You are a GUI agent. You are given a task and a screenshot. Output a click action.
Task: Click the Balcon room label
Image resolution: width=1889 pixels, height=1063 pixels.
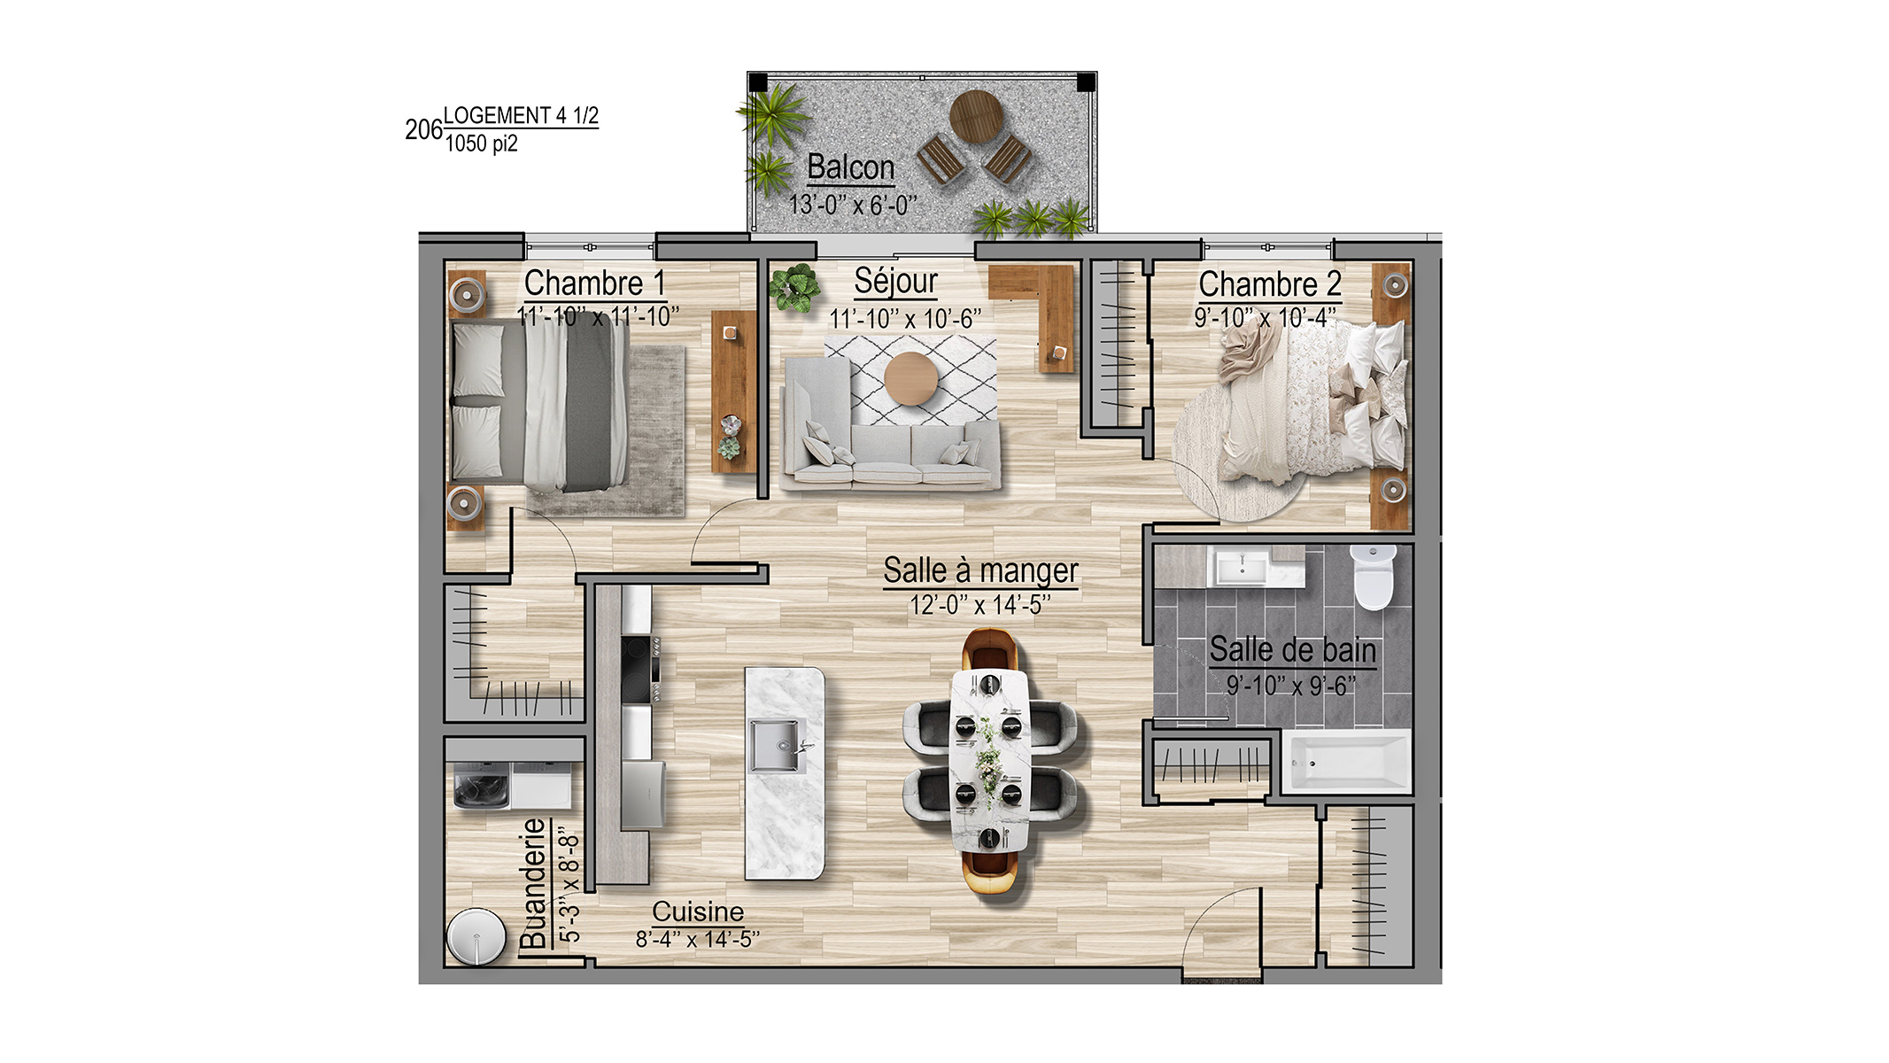(850, 167)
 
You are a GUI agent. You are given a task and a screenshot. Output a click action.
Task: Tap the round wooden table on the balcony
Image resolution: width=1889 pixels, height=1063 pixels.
(976, 116)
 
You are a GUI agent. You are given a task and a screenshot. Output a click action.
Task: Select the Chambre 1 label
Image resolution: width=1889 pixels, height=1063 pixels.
(594, 283)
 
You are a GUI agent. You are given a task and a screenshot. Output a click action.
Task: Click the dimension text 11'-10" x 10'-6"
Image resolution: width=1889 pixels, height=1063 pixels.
(905, 319)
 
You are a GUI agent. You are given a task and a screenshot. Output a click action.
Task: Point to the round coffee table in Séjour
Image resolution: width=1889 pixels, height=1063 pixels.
(910, 379)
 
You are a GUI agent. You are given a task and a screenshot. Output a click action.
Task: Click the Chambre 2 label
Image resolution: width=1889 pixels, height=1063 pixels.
(1270, 285)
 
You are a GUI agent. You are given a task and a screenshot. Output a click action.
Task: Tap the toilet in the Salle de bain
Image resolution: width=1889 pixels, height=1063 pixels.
(1373, 577)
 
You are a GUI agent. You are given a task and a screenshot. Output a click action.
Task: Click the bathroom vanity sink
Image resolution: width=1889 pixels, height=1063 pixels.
(1243, 566)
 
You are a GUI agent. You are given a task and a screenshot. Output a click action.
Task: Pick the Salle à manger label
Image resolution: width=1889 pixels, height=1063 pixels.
(980, 571)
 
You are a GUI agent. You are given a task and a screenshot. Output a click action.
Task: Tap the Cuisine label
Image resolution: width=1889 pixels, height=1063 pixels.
(698, 912)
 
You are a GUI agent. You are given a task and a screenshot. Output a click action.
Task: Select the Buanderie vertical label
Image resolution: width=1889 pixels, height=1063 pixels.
(533, 882)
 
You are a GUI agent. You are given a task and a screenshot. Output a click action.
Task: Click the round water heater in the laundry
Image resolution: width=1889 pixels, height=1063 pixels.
(476, 936)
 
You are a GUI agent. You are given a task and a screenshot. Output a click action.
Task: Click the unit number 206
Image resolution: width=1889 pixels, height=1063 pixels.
(423, 130)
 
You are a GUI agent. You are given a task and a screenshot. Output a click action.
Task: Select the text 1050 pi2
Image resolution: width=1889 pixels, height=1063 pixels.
(481, 144)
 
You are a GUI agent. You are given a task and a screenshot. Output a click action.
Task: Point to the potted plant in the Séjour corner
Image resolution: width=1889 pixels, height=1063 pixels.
(794, 287)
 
